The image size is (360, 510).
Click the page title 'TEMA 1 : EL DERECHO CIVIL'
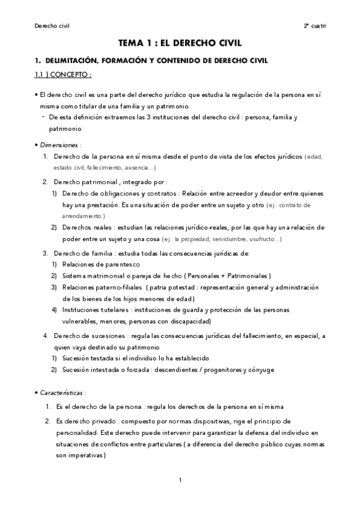(180, 43)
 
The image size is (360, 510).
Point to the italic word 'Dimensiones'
(58, 145)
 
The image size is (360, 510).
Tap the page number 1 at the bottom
(180, 480)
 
